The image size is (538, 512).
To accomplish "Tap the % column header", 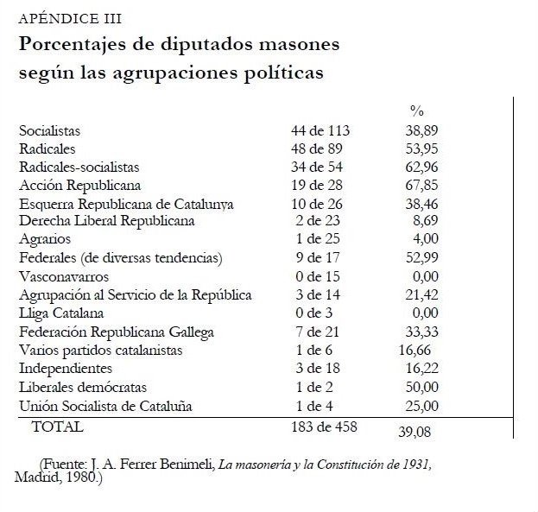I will coord(417,111).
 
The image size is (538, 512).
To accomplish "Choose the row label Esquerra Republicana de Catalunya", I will coord(126,204).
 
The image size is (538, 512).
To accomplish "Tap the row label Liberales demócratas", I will coord(83,387).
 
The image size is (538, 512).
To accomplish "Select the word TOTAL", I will coord(57,426).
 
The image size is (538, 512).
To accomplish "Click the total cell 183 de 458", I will coord(324,426).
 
